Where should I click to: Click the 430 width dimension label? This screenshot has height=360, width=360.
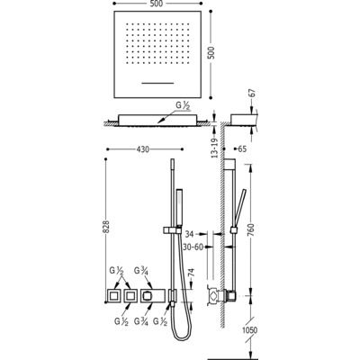[143, 149]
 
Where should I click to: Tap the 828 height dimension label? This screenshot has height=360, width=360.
[107, 227]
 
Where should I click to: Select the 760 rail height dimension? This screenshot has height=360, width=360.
[251, 229]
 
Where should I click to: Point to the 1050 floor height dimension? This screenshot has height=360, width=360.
[249, 330]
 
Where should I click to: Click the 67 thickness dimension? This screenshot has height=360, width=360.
[251, 93]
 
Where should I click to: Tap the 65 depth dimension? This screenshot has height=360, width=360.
[242, 148]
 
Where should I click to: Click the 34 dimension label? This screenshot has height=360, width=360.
[189, 233]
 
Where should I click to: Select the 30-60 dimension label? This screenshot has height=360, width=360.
[193, 247]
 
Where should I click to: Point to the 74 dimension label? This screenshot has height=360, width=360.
[192, 272]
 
